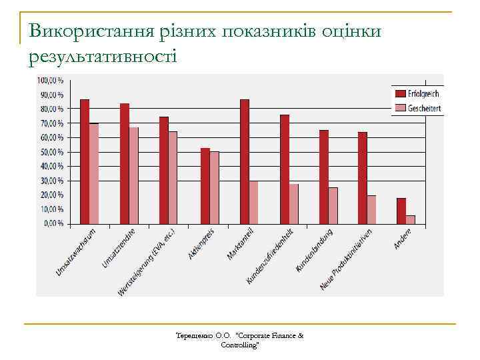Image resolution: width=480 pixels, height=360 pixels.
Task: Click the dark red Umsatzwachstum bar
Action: pos(85,161)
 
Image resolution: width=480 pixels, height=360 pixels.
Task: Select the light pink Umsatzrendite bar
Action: pos(134,175)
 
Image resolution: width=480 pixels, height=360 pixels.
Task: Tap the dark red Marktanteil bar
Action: pos(245,161)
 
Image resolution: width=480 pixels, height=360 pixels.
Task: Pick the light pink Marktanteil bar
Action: pos(254,202)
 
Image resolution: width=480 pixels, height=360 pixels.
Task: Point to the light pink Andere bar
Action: pos(411,219)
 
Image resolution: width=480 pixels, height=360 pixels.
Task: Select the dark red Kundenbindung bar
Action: pos(324,177)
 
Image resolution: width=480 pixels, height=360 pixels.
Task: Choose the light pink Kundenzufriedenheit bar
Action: pos(294,203)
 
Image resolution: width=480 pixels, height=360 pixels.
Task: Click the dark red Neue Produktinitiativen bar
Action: pos(363,177)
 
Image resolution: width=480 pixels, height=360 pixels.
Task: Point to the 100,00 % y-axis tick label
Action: pos(50,80)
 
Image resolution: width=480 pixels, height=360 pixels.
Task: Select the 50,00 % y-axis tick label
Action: pos(51,152)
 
